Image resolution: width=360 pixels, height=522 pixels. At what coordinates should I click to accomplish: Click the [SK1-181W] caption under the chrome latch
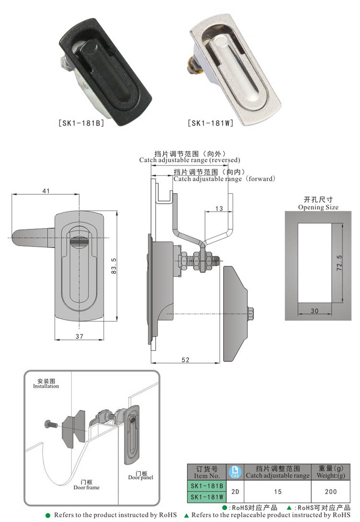[210, 123]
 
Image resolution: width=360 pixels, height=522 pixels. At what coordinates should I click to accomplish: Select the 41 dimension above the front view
[46, 190]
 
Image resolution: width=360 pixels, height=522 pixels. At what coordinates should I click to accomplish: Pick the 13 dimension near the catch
[219, 208]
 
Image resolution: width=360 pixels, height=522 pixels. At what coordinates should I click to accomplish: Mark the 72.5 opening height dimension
[339, 263]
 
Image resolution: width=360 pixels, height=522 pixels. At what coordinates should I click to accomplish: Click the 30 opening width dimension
[314, 311]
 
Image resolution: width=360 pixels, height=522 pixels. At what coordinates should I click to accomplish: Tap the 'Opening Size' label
[318, 207]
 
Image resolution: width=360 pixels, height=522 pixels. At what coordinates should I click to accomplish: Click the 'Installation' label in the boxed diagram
[46, 386]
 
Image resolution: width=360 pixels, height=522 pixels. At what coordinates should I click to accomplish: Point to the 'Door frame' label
[86, 487]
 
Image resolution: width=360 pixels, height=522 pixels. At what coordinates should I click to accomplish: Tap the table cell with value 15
[277, 492]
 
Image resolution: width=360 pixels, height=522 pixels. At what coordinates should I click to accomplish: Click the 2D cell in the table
[235, 492]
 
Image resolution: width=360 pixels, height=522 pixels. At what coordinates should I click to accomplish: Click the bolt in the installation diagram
[50, 425]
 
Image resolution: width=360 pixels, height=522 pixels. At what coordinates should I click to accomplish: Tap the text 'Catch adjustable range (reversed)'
[190, 160]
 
